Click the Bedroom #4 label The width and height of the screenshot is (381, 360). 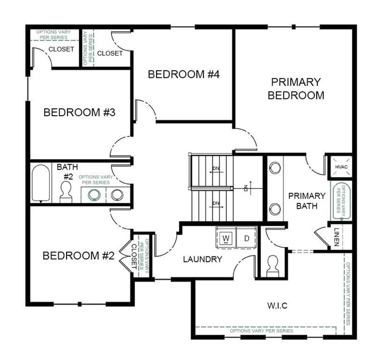coord(184,74)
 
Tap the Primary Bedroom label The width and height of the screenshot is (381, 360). coord(296,89)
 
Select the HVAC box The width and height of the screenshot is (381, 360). coord(341,167)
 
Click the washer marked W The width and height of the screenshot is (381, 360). coord(226,238)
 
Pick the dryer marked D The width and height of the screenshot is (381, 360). coord(247,238)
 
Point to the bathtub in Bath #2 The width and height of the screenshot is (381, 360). coord(41,184)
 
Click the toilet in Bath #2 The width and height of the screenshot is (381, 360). coord(66,192)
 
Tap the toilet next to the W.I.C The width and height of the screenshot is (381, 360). coord(272,266)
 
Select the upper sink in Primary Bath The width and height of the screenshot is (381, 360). coord(275,167)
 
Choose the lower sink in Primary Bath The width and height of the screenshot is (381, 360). coord(275,209)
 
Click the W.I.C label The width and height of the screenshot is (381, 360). coord(277,306)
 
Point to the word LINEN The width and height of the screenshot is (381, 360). coord(336,237)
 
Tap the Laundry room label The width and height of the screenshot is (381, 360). coord(202,259)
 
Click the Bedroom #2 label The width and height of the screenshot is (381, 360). coord(78,256)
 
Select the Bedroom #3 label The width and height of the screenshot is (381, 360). coord(79,112)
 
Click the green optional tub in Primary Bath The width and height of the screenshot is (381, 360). coord(341,201)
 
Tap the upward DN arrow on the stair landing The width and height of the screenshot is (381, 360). coord(251,188)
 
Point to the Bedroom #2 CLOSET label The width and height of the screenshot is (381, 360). coord(134,256)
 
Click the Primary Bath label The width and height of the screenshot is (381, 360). coord(306,201)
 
